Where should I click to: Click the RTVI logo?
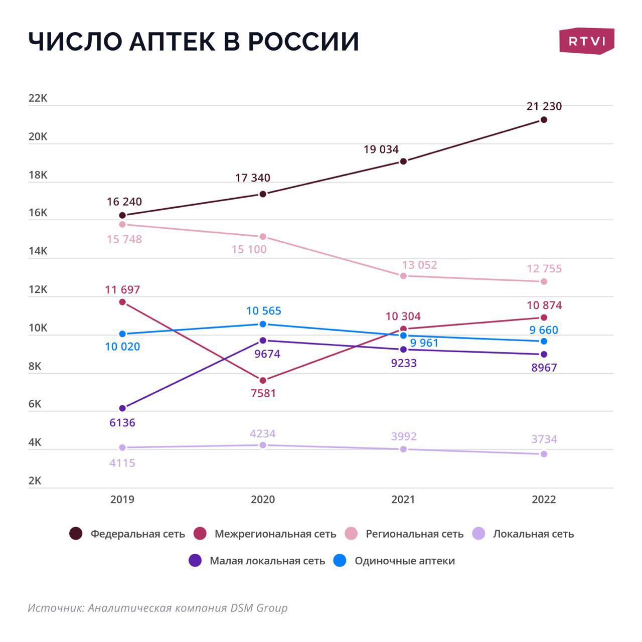[x=586, y=41]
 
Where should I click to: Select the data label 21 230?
[x=544, y=106]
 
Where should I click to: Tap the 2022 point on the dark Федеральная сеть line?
[x=544, y=120]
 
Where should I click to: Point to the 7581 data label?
[x=263, y=393]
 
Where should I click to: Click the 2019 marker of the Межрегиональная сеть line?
[x=122, y=302]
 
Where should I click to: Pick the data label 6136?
[x=122, y=423]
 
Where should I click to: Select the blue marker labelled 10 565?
[x=263, y=324]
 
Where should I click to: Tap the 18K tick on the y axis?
[x=38, y=175]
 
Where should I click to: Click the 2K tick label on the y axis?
[x=35, y=480]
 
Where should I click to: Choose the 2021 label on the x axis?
[x=403, y=500]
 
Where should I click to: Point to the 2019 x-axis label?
[x=122, y=500]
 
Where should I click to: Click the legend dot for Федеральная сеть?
[x=76, y=534]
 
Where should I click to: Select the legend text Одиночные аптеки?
[x=404, y=561]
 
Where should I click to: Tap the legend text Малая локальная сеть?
[x=267, y=561]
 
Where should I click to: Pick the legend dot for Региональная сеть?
[x=351, y=534]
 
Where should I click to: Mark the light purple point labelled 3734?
[x=544, y=454]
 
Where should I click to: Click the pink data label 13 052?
[x=419, y=265]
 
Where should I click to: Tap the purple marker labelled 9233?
[x=403, y=349]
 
